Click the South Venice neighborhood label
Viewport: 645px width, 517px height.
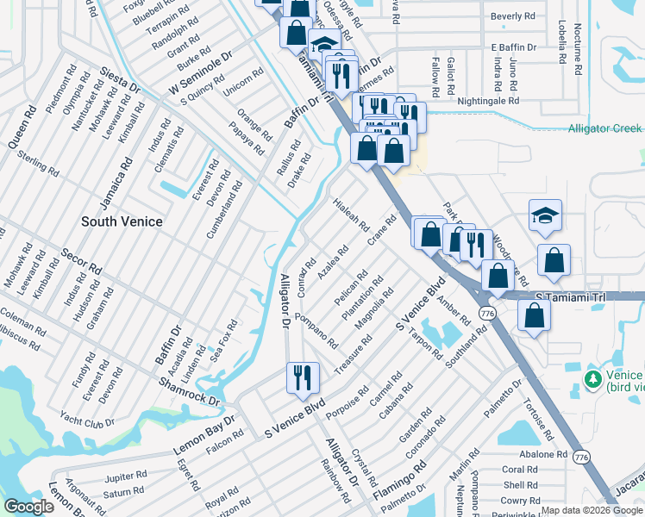click(122, 221)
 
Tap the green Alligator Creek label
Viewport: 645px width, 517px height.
click(604, 128)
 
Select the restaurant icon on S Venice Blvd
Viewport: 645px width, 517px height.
click(303, 377)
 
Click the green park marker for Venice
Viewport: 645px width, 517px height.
click(593, 379)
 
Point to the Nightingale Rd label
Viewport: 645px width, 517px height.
click(490, 101)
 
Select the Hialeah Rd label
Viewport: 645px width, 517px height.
click(350, 217)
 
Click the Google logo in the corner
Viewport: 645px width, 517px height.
click(28, 507)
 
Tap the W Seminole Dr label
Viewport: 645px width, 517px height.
click(201, 74)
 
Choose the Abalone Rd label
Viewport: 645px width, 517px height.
click(542, 454)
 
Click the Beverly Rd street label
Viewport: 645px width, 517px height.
click(512, 16)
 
